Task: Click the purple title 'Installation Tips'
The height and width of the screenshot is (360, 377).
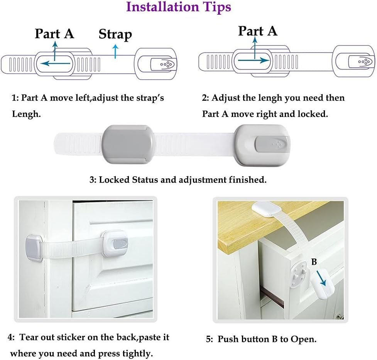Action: pos(179,7)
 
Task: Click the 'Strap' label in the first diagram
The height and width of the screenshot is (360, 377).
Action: pos(115,34)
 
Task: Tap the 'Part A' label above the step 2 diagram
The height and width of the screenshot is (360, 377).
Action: pos(257,31)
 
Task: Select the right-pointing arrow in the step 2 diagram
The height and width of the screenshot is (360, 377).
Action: pos(253,60)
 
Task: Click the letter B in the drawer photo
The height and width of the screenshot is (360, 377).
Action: pos(314,262)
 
